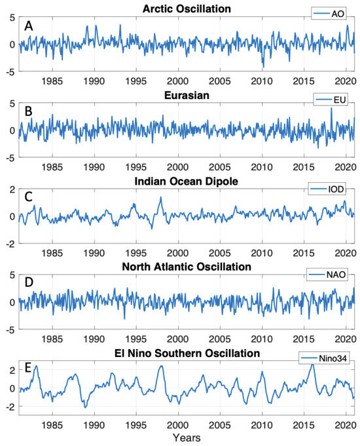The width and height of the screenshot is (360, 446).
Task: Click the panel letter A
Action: tap(28, 26)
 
